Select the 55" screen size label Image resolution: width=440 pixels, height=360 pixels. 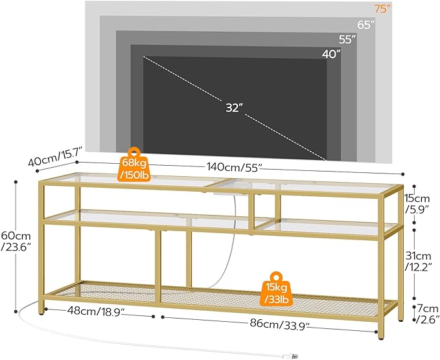click(x=348, y=39)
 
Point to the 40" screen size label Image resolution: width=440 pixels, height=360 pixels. click(x=331, y=54)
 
